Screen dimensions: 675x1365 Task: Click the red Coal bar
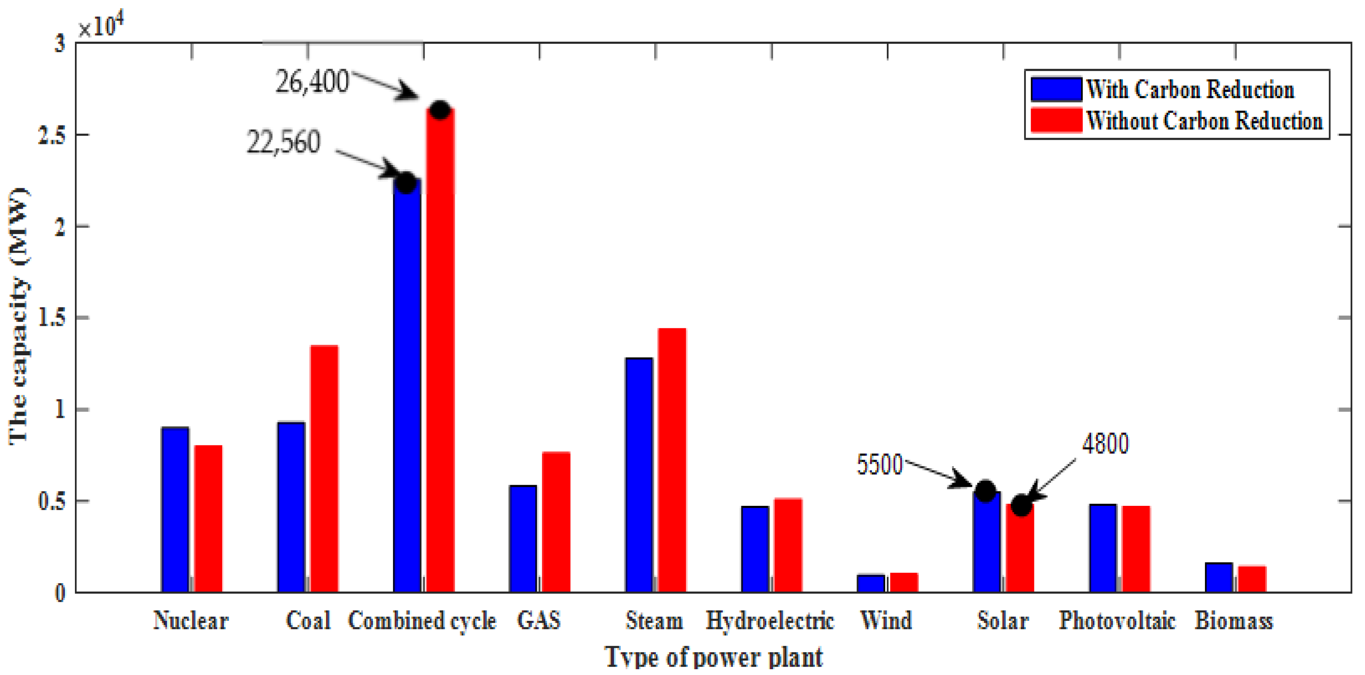click(x=324, y=469)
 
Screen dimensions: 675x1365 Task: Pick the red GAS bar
click(x=556, y=522)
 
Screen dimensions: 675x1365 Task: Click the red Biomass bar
click(x=1252, y=579)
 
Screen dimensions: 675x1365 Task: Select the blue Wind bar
click(x=871, y=583)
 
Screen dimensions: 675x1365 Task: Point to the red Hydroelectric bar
click(x=787, y=545)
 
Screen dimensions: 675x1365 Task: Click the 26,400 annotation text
click(x=312, y=82)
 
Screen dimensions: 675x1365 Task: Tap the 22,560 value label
click(x=283, y=142)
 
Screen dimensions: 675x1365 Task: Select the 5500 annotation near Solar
click(x=879, y=464)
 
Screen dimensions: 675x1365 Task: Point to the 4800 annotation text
click(x=1105, y=443)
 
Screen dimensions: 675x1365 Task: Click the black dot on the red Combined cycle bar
click(x=440, y=110)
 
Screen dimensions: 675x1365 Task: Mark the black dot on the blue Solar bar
click(x=985, y=491)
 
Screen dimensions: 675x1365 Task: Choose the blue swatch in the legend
click(x=1056, y=89)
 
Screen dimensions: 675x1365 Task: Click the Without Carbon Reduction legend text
click(x=1204, y=121)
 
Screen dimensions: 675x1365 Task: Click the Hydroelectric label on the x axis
click(x=770, y=620)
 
